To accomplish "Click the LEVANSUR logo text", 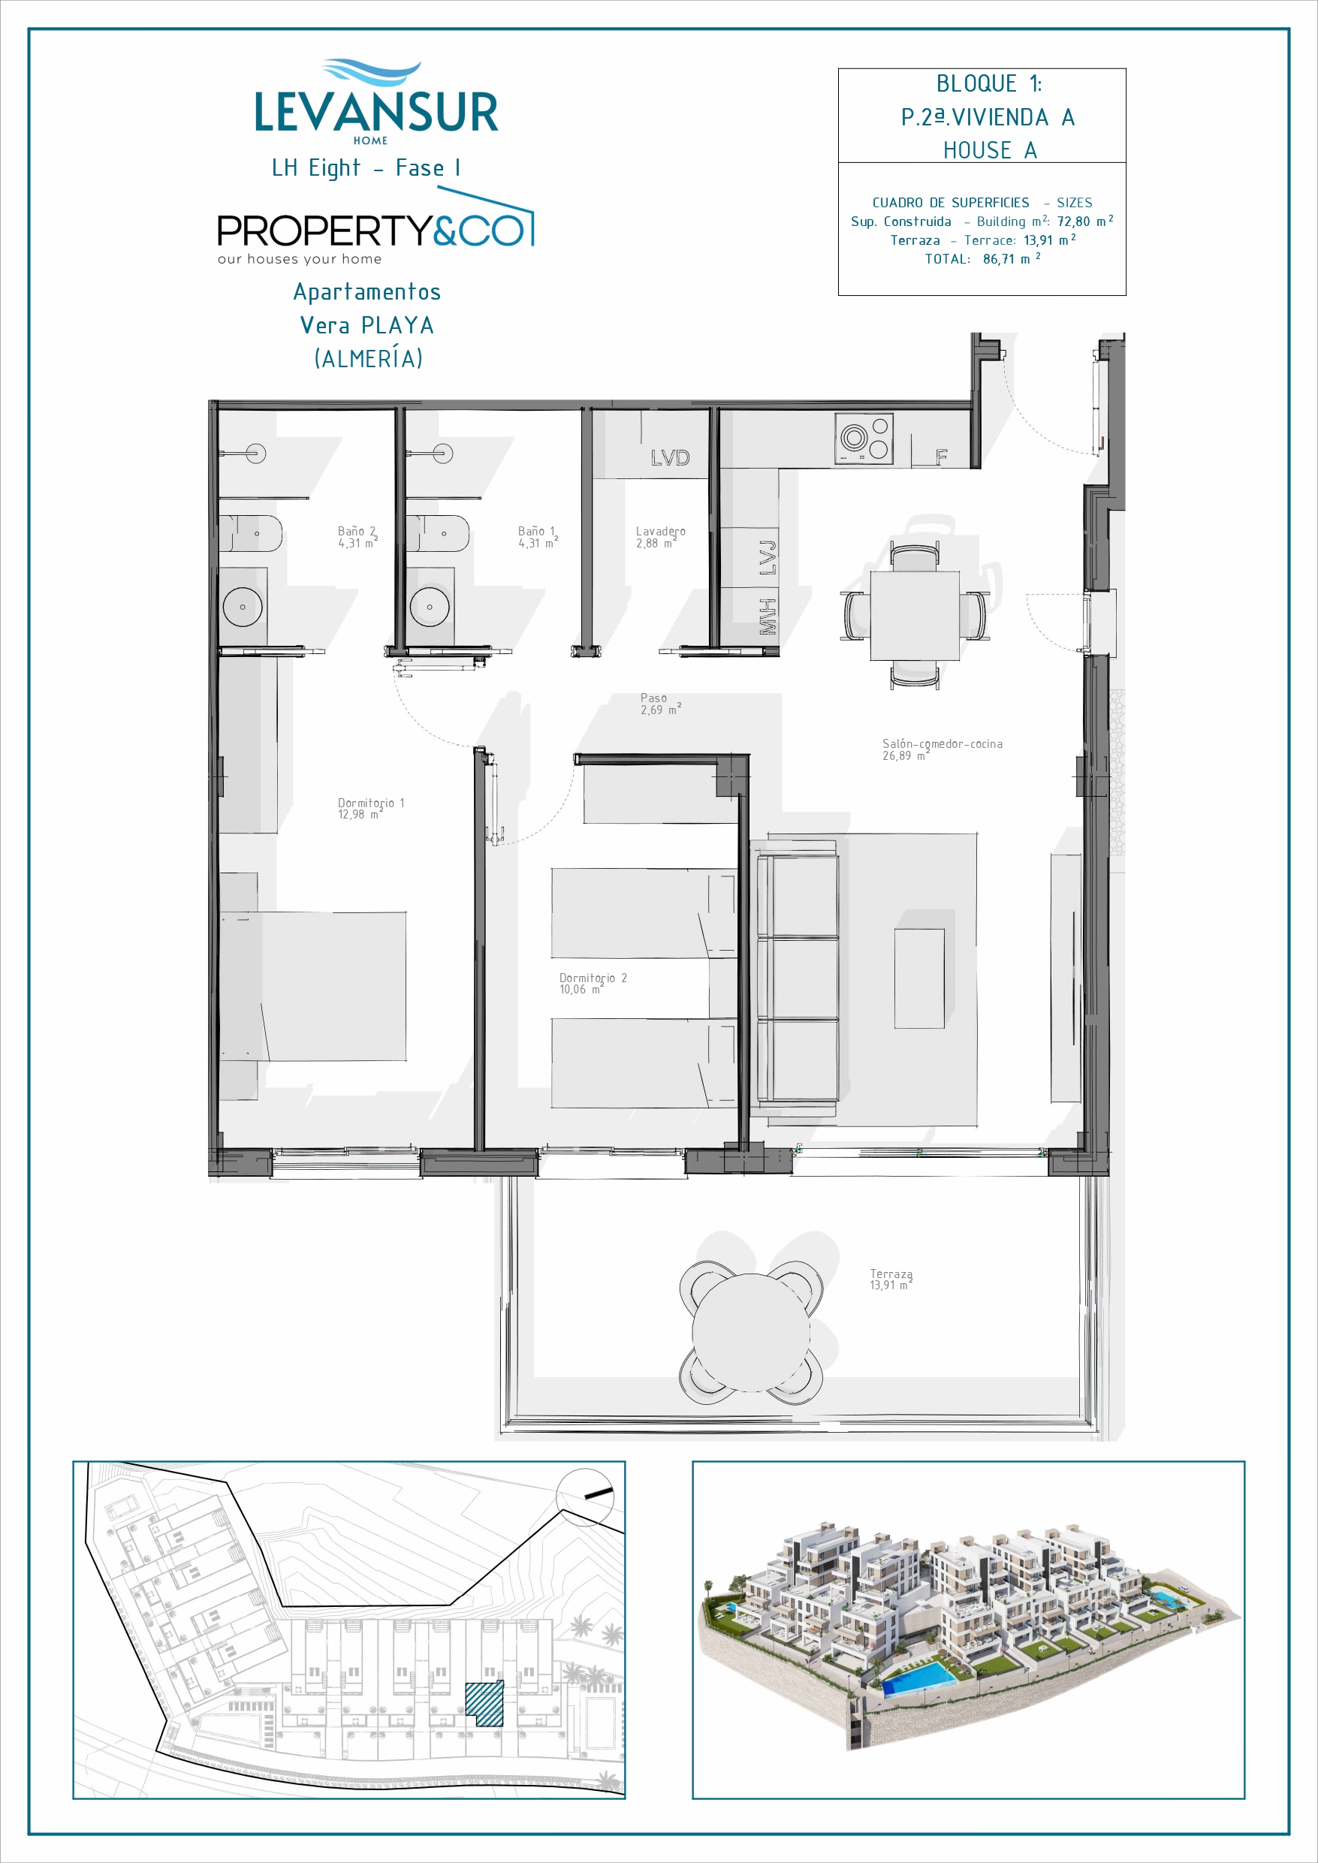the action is click(x=375, y=112).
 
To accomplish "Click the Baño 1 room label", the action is click(x=538, y=537).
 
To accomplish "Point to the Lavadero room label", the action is click(x=661, y=537).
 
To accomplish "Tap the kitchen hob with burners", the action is click(x=864, y=439).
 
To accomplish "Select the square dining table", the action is click(x=915, y=615).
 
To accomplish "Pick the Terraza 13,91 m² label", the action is click(x=891, y=1280).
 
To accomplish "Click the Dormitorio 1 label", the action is click(x=371, y=808).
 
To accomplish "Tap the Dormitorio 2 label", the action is click(x=593, y=984).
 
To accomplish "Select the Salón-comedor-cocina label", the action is click(x=943, y=749).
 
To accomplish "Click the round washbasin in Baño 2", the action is click(x=243, y=607).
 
